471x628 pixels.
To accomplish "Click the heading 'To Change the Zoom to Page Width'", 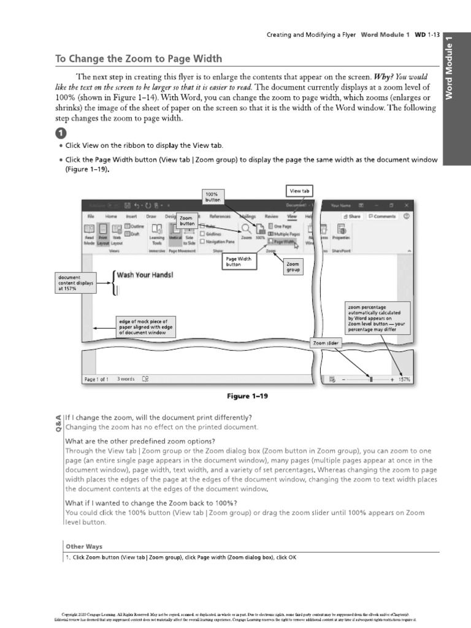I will [x=138, y=59].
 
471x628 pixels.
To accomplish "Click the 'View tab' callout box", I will [x=299, y=191].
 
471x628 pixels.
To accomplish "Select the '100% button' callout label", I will [x=212, y=196].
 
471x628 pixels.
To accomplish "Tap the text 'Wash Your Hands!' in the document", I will [x=145, y=275].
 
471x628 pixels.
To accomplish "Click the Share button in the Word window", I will [x=352, y=216].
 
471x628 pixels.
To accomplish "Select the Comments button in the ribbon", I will [x=382, y=216].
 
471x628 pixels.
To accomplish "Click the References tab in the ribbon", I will [x=220, y=216].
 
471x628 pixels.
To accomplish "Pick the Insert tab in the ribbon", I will [x=131, y=216].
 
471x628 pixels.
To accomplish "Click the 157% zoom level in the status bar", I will [x=404, y=380].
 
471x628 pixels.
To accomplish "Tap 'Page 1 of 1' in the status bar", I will [x=96, y=380].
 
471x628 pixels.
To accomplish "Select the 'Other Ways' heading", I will [x=84, y=546].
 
